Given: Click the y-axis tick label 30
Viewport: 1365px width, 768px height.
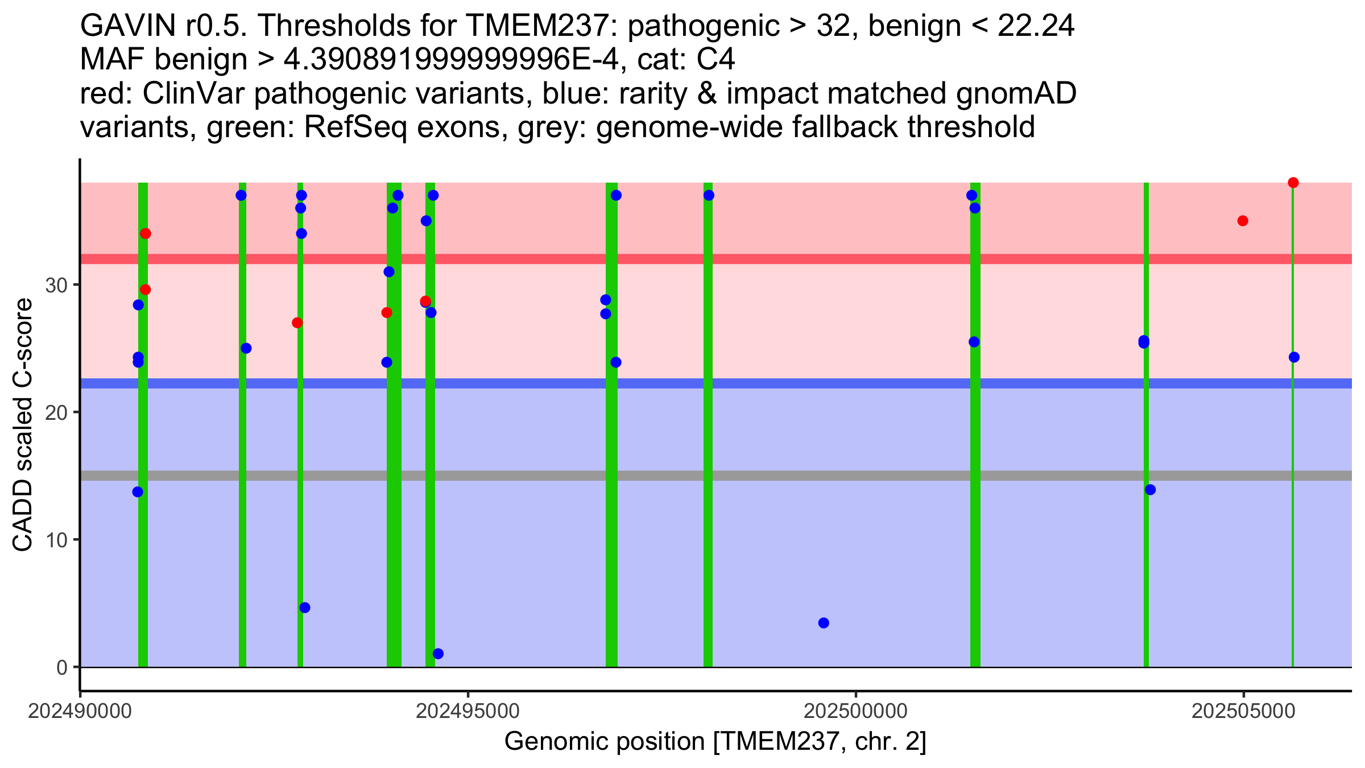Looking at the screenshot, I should [x=56, y=286].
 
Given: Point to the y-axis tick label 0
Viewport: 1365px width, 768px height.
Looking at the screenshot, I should [x=62, y=668].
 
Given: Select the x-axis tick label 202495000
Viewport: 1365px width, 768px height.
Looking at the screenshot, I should [x=468, y=712].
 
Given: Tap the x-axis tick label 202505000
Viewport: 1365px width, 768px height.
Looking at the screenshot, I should [x=1243, y=712].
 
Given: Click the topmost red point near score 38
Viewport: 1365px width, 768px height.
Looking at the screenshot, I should [x=1293, y=183].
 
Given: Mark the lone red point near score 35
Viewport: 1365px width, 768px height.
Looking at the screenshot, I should [x=1243, y=221].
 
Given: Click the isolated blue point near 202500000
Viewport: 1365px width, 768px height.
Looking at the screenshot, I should [x=824, y=623].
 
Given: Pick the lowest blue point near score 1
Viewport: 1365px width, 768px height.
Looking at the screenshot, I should [x=438, y=654].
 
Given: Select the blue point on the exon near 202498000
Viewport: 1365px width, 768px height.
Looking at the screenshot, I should [x=709, y=196].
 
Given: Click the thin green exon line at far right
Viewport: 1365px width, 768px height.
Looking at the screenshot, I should [x=1293, y=512].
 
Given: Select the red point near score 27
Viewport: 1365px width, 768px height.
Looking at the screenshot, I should [x=297, y=323].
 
